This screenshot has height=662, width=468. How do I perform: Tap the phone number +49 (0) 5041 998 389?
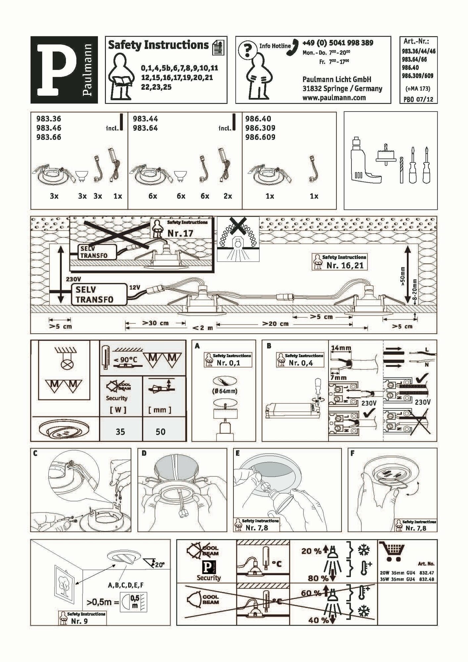[338, 43]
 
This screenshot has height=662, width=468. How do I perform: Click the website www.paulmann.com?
[334, 98]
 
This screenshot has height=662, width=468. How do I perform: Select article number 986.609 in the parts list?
[260, 137]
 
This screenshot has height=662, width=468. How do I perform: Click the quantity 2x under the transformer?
[228, 196]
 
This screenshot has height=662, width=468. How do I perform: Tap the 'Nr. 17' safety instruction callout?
[180, 233]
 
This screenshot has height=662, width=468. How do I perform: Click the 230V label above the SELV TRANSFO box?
[73, 279]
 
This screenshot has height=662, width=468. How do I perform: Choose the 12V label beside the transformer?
[134, 287]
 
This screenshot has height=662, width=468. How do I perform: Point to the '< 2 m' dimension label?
[202, 328]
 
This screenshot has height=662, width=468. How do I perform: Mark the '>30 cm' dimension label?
[155, 323]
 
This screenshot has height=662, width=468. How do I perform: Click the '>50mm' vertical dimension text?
[402, 276]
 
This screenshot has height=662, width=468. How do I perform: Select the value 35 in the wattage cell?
[120, 432]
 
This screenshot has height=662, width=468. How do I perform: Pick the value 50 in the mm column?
[161, 432]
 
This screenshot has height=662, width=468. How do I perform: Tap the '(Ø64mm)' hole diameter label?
[224, 391]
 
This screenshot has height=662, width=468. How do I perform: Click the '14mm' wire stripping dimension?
[341, 348]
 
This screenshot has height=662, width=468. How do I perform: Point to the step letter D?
[144, 453]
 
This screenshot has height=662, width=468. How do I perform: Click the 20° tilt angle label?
[160, 565]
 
